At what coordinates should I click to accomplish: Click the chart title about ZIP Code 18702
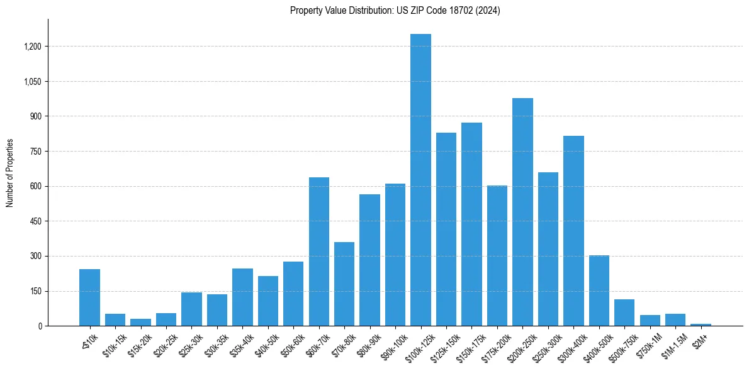point(395,11)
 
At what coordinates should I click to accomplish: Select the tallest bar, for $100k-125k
point(420,180)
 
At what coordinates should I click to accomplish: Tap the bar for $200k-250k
point(522,212)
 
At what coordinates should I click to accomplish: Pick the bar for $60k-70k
point(319,252)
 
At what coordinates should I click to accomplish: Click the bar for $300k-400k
point(573,231)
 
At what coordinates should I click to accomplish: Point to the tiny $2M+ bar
point(701,324)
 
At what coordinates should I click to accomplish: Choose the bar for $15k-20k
point(140,322)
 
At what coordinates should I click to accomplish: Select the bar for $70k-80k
point(344,284)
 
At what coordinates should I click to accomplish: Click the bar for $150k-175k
point(471,224)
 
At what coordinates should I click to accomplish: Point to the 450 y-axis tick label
point(36,221)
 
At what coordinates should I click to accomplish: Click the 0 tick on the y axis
point(40,326)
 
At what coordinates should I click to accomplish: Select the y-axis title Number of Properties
point(10,173)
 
